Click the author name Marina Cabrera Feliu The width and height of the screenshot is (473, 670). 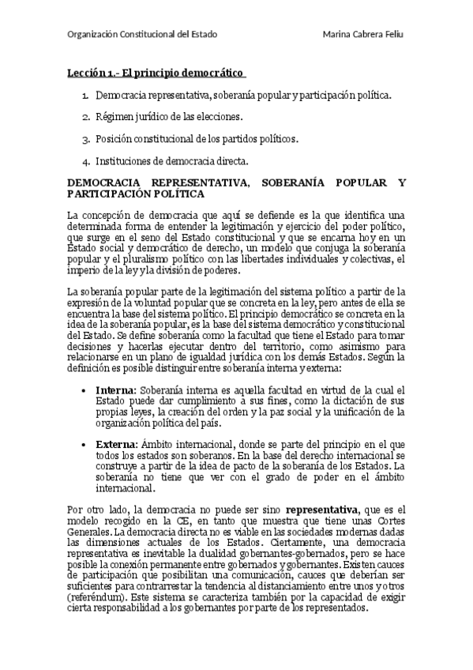[x=364, y=35]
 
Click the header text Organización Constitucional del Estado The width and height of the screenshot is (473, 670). [x=142, y=35]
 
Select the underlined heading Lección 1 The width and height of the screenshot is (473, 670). [x=156, y=73]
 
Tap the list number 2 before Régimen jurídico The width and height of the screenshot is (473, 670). [x=86, y=117]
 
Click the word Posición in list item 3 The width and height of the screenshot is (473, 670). [x=116, y=139]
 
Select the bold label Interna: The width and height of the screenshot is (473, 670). [x=116, y=390]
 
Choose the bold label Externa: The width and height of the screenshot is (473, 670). [x=117, y=445]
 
